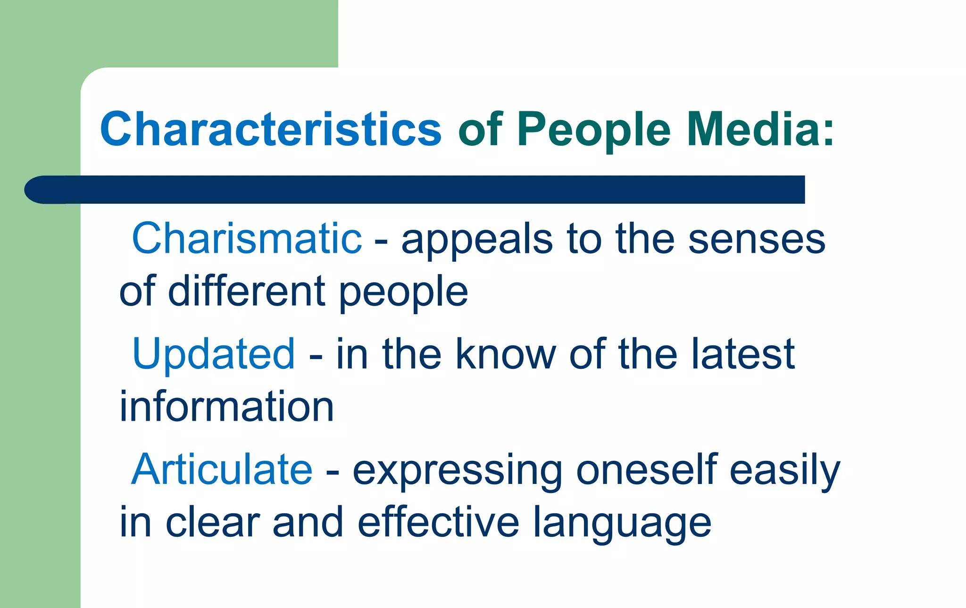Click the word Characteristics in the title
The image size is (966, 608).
click(271, 129)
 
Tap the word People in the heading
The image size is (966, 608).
click(593, 129)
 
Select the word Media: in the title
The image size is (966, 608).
click(760, 129)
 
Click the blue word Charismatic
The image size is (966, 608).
click(247, 239)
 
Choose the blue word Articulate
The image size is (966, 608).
click(222, 469)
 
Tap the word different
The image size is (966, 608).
click(247, 291)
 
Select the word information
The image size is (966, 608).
click(227, 407)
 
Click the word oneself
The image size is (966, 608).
click(646, 469)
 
